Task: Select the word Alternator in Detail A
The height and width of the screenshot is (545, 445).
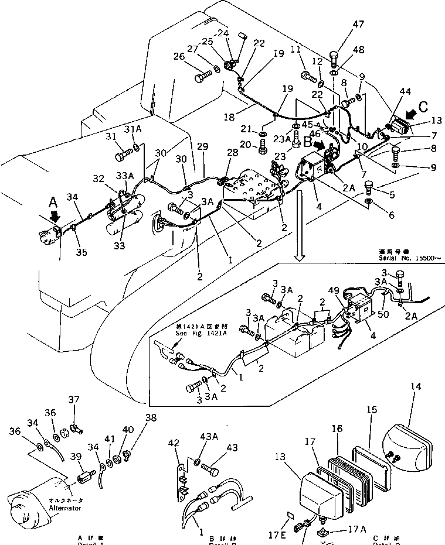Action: click(65, 508)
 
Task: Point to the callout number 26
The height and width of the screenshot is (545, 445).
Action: click(179, 57)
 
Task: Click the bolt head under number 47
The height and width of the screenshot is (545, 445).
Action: click(334, 57)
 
